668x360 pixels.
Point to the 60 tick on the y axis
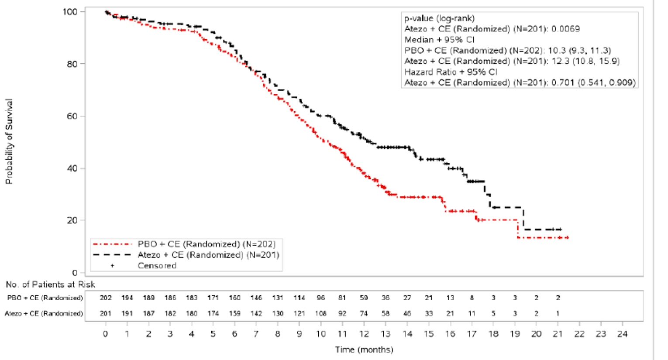72,116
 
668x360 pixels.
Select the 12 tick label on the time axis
363,334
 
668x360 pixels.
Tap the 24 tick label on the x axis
622,334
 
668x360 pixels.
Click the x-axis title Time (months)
364,350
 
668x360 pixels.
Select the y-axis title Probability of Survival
9,142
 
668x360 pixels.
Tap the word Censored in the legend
157,266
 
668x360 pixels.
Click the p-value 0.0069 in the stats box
565,29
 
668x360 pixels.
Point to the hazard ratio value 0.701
563,83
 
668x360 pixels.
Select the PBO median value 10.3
556,51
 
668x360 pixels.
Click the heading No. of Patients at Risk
50,285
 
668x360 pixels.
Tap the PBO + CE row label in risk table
45,298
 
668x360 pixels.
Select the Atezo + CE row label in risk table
44,313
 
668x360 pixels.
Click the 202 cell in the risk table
106,298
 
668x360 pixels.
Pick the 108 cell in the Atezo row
321,313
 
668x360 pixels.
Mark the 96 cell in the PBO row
321,298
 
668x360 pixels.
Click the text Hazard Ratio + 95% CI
451,72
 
